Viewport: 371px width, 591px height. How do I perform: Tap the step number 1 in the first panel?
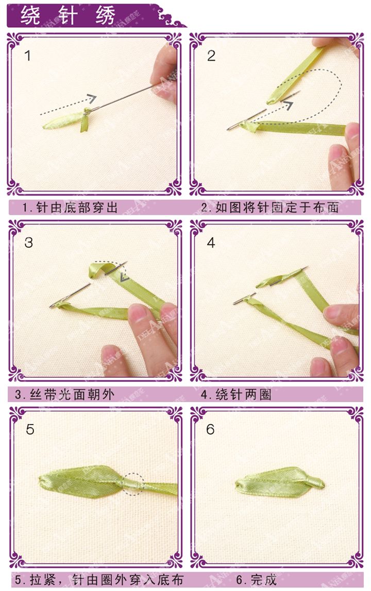(28, 56)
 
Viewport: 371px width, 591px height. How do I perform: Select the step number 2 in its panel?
(211, 56)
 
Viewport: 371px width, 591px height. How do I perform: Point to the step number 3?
(28, 242)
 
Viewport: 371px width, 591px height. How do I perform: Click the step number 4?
(211, 242)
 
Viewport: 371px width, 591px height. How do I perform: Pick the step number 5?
(30, 429)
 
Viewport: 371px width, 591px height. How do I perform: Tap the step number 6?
(210, 429)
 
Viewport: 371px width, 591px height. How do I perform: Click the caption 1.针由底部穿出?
(70, 207)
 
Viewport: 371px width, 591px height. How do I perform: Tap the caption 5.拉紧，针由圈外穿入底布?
(98, 580)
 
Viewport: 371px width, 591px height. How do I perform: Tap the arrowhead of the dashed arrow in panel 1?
(92, 98)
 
